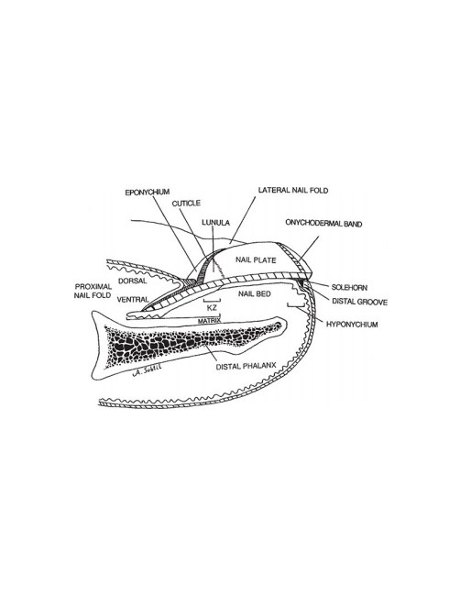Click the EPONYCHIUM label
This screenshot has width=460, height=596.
[x=147, y=193]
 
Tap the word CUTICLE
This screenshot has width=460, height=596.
[x=186, y=204]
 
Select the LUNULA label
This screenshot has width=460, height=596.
[x=215, y=223]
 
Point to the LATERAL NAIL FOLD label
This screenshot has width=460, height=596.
[x=293, y=190]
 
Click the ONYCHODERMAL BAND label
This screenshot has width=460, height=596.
[x=323, y=223]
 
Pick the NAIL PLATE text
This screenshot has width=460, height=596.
[x=256, y=260]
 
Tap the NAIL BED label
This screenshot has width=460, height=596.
[x=255, y=293]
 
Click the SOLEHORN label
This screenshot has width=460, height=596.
[x=349, y=287]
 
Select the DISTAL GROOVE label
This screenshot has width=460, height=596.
[x=360, y=302]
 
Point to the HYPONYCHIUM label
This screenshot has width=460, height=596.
[x=352, y=325]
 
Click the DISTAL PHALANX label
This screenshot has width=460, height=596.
[x=246, y=367]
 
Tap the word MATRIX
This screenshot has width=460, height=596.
[x=209, y=321]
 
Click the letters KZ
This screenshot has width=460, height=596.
[x=212, y=308]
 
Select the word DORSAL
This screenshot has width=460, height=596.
[x=132, y=281]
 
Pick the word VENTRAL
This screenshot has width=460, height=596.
[x=133, y=300]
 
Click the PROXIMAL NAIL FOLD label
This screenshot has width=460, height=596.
[x=93, y=291]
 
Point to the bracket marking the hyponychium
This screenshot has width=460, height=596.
[x=296, y=306]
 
